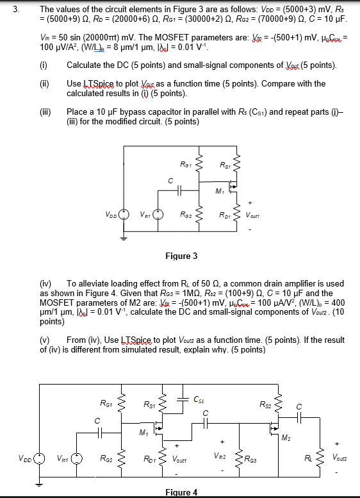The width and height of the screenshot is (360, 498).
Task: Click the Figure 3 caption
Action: pos(181,256)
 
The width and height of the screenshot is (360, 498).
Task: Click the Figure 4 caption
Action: pos(181,492)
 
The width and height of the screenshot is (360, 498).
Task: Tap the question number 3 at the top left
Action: pos(17,10)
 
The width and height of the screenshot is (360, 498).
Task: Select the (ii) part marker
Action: pos(44,84)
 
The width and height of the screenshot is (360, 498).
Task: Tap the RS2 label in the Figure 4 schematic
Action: pos(266,404)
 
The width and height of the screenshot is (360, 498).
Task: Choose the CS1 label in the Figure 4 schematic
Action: pos(199,399)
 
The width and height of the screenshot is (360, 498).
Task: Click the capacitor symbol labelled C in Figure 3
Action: pos(170,191)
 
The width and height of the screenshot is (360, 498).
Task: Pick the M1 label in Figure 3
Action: pos(220,190)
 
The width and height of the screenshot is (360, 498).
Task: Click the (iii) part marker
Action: pos(45,112)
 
